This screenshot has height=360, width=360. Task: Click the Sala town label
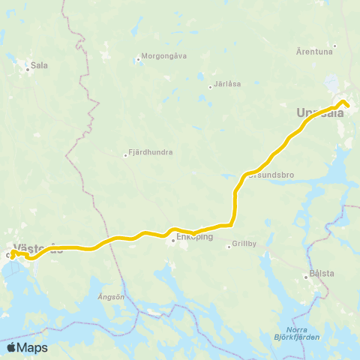click(39, 65)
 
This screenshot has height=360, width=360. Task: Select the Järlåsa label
click(227, 84)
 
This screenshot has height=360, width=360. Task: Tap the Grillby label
click(244, 244)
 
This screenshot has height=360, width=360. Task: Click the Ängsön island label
click(110, 297)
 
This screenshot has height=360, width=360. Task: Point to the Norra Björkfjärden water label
click(304, 332)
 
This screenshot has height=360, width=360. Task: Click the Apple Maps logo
click(27, 347)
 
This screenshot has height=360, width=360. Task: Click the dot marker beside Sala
click(28, 69)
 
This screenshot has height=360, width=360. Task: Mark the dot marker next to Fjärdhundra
click(126, 155)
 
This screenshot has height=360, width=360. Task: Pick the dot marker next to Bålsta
click(307, 274)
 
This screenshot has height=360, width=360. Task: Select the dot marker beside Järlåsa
click(210, 87)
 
